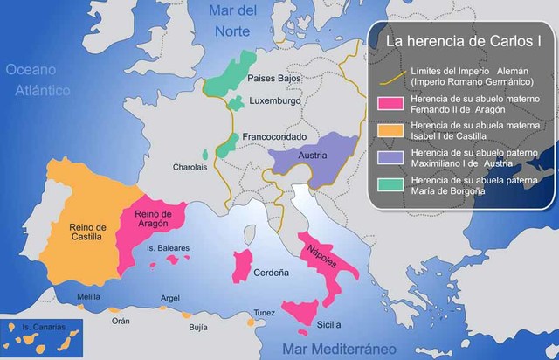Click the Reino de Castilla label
click(x=88, y=232)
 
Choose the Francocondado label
click(x=273, y=138)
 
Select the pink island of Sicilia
click(x=299, y=312)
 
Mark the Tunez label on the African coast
click(x=265, y=312)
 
